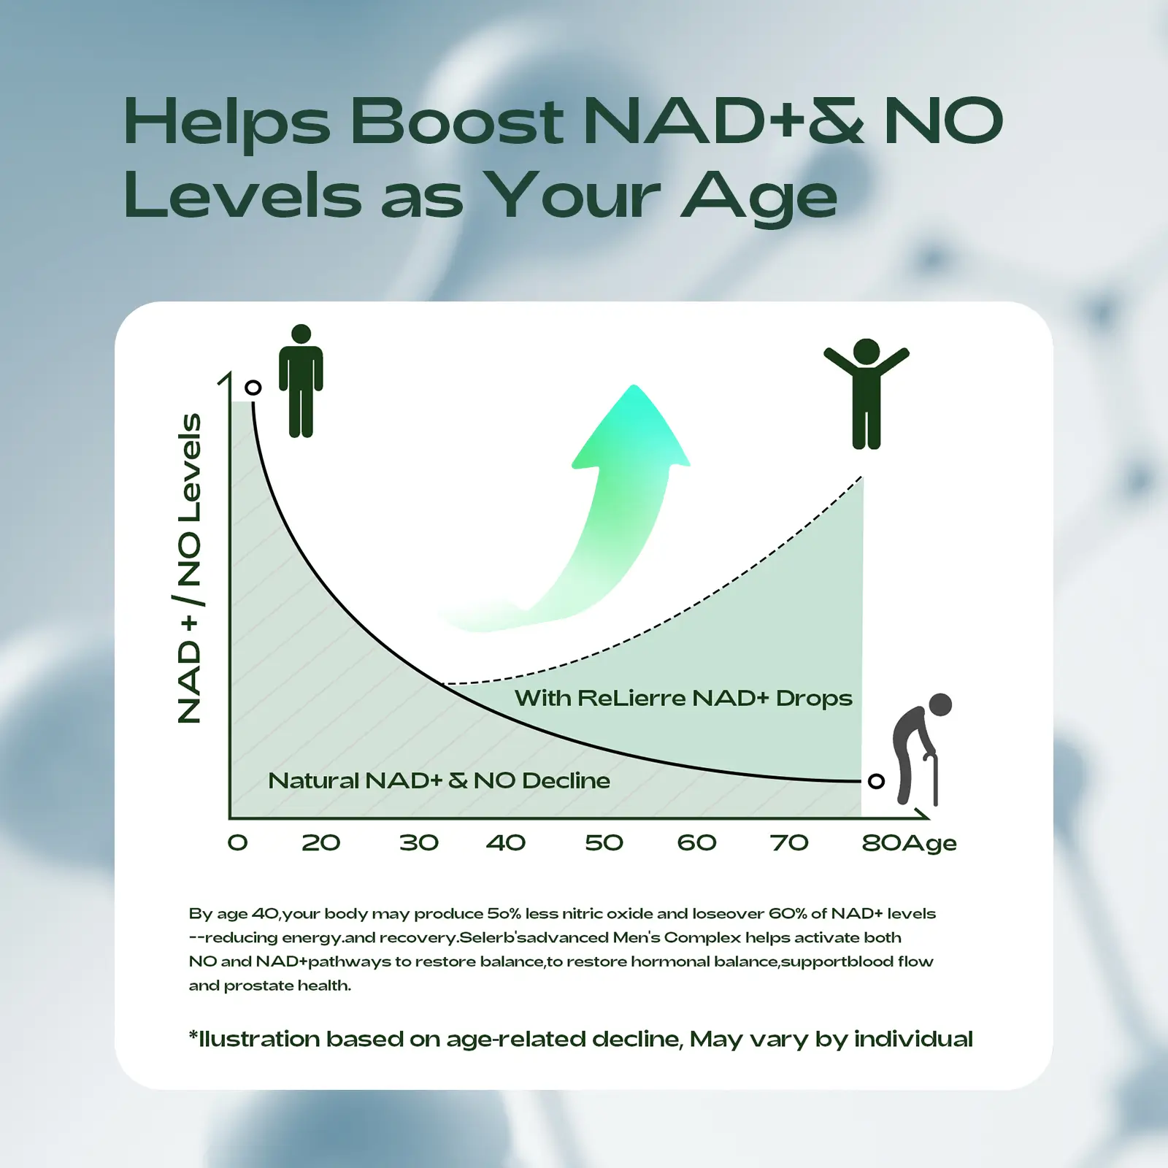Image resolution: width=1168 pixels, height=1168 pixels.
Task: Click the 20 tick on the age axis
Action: pyautogui.click(x=321, y=842)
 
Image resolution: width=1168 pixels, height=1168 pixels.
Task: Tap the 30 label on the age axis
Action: pyautogui.click(x=419, y=842)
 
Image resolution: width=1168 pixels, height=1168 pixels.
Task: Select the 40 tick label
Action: pyautogui.click(x=506, y=842)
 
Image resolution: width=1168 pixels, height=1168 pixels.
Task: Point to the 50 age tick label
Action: pyautogui.click(x=604, y=842)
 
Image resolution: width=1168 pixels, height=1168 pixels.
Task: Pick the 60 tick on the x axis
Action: pyautogui.click(x=696, y=842)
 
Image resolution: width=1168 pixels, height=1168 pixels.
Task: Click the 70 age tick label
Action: pyautogui.click(x=789, y=842)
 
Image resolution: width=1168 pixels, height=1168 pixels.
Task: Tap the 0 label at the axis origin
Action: pyautogui.click(x=238, y=842)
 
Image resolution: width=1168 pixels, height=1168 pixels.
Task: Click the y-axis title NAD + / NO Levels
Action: pyautogui.click(x=190, y=568)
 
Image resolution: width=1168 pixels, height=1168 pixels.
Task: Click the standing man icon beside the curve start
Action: pyautogui.click(x=301, y=381)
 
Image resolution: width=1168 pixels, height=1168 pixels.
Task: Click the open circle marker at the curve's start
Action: pyautogui.click(x=253, y=388)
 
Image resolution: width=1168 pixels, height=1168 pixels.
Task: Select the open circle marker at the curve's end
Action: pyautogui.click(x=877, y=781)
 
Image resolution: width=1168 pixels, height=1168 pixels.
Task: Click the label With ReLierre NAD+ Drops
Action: pyautogui.click(x=683, y=699)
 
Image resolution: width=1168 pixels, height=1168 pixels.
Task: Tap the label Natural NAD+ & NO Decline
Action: pyautogui.click(x=439, y=780)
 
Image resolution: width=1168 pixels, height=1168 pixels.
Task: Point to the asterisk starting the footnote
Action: pyautogui.click(x=193, y=1034)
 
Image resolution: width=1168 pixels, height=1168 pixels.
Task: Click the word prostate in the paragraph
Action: pyautogui.click(x=257, y=985)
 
